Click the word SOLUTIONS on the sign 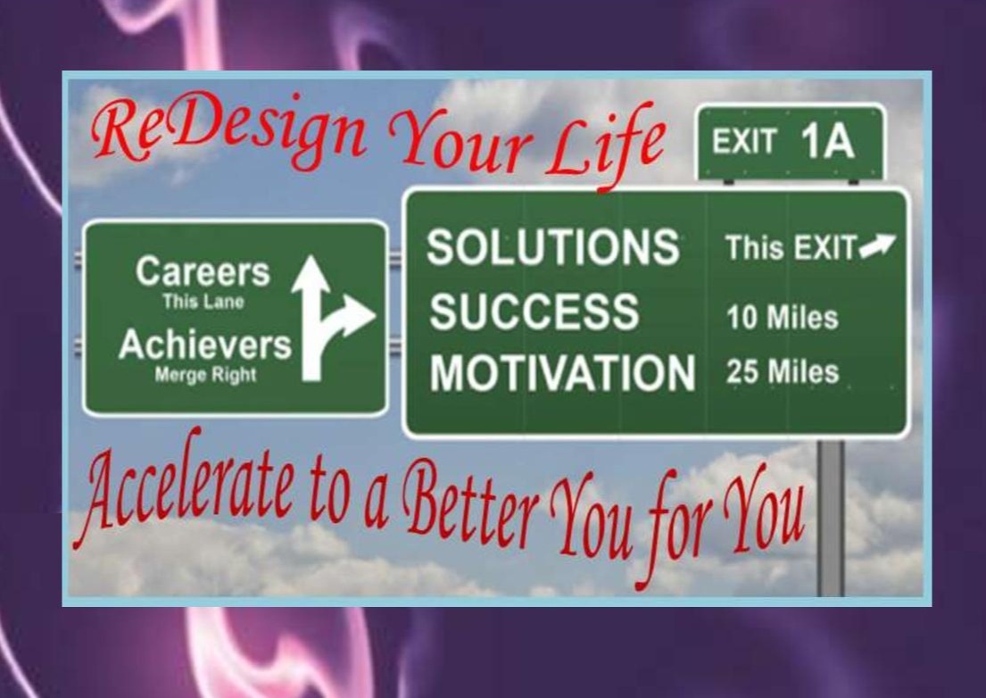[x=552, y=245]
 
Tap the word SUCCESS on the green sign [x=534, y=312]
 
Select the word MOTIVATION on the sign [x=562, y=372]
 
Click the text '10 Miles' [x=783, y=318]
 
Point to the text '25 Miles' [x=783, y=371]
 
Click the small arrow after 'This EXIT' [x=877, y=245]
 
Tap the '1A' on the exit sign [x=827, y=142]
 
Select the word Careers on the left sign [x=203, y=271]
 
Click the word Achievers [x=205, y=345]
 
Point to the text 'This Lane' [x=203, y=302]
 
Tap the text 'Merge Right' [x=205, y=375]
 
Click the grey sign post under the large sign [x=831, y=519]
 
